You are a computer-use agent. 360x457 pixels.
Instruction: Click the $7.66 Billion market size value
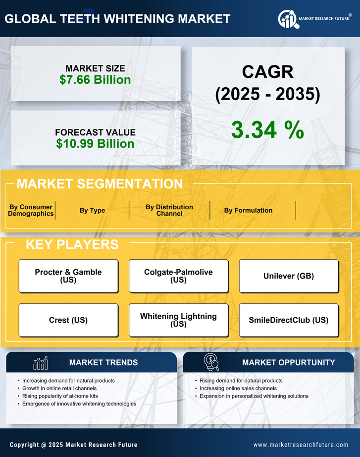[95, 80]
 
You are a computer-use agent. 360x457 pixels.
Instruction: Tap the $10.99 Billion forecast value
[95, 144]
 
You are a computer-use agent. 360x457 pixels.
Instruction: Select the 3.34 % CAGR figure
[267, 130]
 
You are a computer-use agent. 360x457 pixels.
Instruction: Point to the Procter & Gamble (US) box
[68, 276]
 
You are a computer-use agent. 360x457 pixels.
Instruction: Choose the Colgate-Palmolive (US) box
[178, 276]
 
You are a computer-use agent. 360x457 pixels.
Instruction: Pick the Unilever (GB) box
[289, 276]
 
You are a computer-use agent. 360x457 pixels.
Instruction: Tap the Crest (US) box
[68, 320]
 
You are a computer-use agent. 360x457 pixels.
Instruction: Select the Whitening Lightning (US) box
[178, 320]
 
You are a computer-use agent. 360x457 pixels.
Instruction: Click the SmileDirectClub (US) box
[289, 320]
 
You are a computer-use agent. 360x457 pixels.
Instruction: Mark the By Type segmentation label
[92, 210]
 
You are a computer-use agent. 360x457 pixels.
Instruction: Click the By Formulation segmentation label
[248, 210]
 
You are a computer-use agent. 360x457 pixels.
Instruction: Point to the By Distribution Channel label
[169, 210]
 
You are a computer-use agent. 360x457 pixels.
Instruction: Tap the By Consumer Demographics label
[31, 210]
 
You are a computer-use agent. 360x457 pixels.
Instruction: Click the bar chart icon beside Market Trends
[41, 363]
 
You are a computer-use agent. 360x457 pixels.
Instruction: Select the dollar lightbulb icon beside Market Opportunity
[211, 362]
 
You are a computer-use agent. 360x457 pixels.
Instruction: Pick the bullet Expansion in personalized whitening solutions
[254, 396]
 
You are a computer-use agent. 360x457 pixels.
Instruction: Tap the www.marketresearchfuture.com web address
[301, 445]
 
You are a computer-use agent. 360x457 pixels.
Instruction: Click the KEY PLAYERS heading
[72, 244]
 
